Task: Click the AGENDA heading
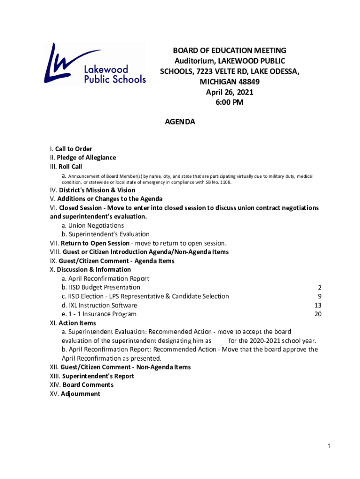pos(180,122)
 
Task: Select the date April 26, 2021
pos(230,92)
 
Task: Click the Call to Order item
pos(73,149)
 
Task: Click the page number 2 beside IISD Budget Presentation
pos(319,288)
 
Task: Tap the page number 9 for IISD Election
pos(319,297)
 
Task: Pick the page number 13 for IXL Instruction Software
pos(318,305)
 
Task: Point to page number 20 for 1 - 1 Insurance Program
pos(318,314)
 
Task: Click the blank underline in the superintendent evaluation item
pos(220,341)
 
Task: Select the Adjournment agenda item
pos(80,394)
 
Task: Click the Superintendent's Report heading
pos(98,376)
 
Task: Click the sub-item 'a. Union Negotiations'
pos(93,225)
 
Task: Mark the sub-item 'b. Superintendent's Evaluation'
pos(105,234)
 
